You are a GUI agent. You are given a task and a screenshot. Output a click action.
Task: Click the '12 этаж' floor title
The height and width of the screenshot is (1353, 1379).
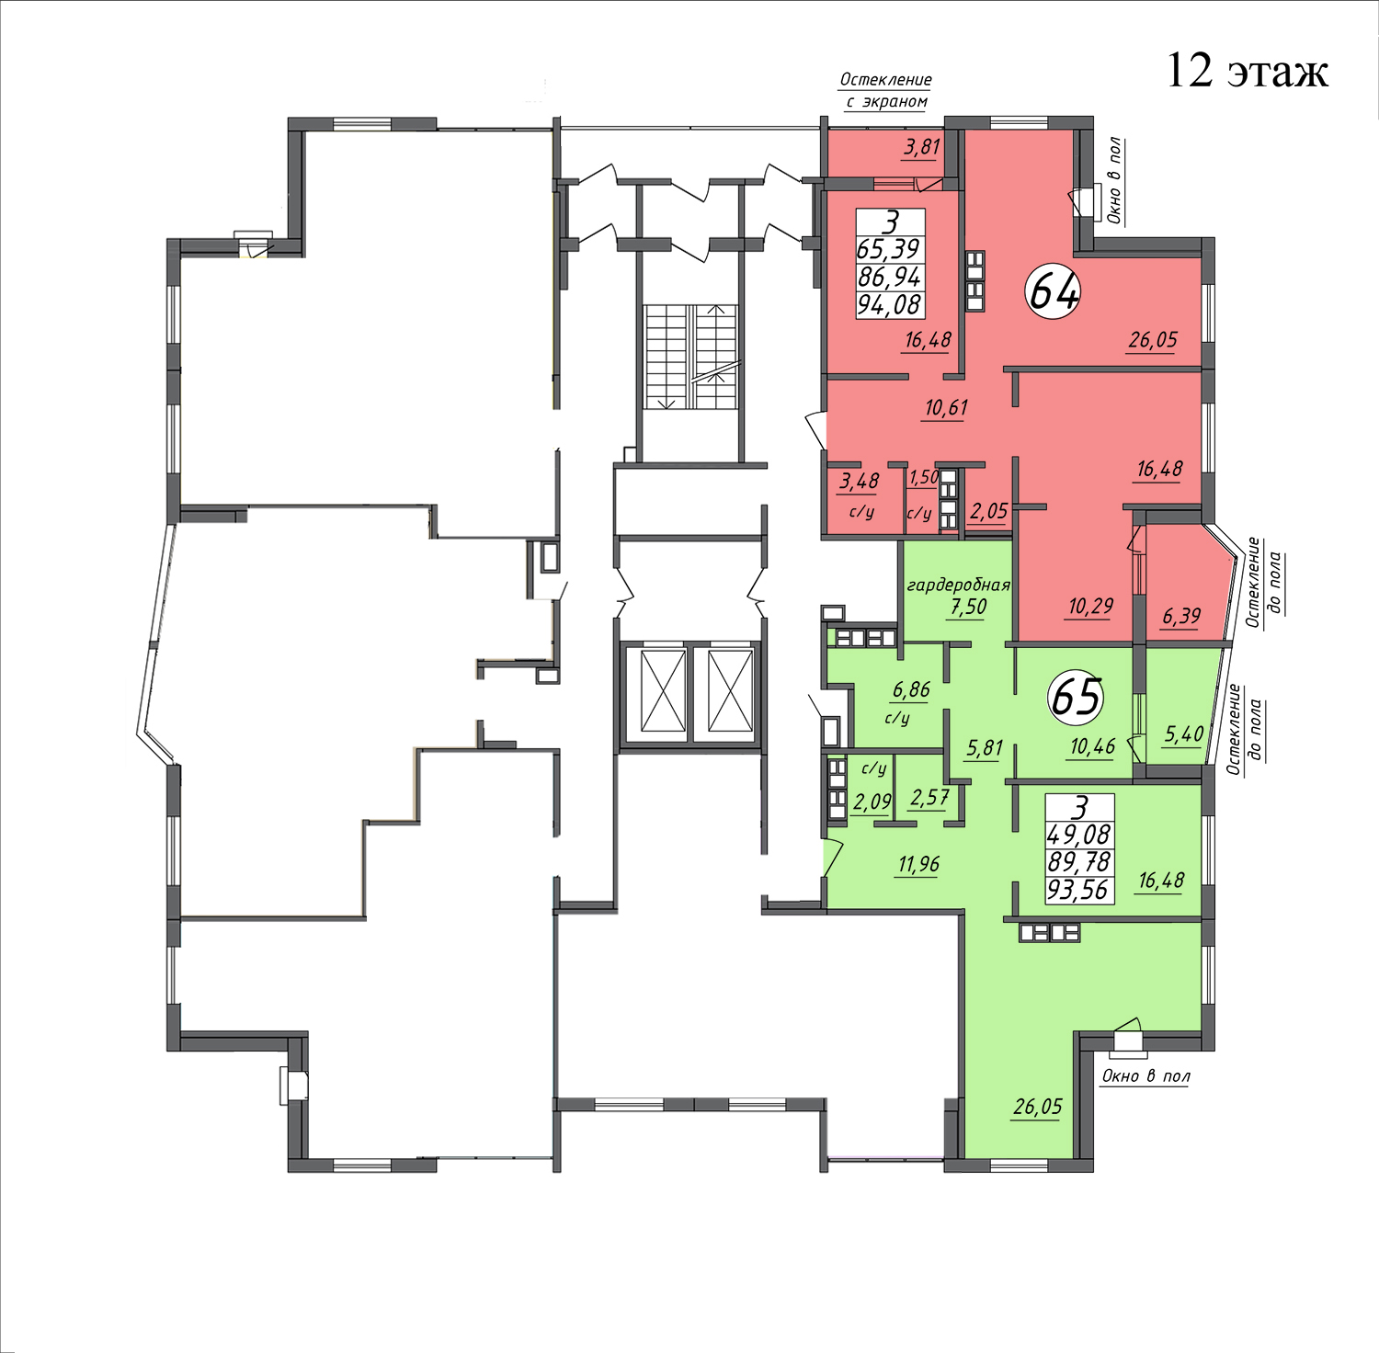point(1247,71)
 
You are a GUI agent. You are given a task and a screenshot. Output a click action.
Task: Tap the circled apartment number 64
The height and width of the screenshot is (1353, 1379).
point(1053,291)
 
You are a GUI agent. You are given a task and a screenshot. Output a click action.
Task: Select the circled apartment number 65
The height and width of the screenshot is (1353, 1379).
point(1077,696)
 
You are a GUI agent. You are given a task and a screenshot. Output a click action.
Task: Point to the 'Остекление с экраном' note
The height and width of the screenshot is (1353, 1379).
point(886,91)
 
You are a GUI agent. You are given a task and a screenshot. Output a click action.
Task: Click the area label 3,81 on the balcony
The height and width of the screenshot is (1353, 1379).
point(922,147)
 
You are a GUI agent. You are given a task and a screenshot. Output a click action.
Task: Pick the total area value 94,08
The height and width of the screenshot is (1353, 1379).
point(889,304)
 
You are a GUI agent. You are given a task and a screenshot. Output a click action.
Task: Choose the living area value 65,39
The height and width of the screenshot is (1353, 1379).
point(888,249)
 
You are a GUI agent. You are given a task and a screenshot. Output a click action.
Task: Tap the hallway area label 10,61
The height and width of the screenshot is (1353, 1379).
point(946,407)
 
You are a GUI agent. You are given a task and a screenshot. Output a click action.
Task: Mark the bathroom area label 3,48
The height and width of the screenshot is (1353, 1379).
point(860,481)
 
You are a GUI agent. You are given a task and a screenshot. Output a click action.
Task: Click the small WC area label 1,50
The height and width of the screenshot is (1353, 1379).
point(923,477)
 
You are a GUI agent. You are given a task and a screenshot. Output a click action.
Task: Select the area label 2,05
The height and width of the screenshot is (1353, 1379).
point(989,512)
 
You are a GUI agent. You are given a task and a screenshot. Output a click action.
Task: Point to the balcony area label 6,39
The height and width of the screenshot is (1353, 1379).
point(1181,616)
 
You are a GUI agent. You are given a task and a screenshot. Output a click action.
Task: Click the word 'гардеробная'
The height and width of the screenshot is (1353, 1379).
point(958,585)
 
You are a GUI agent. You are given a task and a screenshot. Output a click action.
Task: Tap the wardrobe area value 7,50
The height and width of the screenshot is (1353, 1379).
point(969,607)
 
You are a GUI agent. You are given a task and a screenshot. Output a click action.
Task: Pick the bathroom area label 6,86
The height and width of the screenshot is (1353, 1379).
point(912,690)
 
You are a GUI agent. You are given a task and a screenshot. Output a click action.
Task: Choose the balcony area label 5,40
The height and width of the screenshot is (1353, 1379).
point(1184,733)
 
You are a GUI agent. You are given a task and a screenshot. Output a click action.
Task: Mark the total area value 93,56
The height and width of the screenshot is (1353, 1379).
point(1079,890)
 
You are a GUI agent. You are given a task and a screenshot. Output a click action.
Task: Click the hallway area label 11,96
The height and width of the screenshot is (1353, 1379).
point(918,864)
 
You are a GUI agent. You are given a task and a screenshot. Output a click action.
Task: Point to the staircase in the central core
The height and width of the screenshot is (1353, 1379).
point(691,357)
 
